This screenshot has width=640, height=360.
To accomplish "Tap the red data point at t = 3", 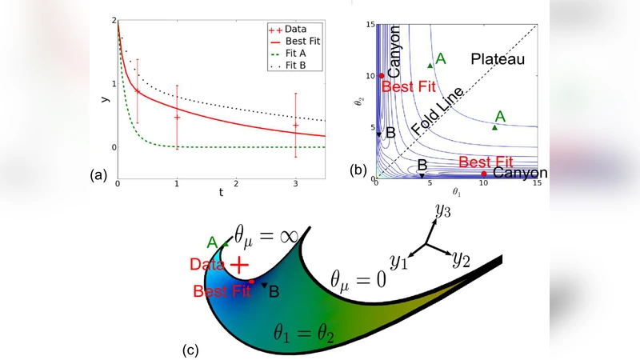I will click(x=296, y=125).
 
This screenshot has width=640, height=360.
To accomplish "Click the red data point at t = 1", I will click(x=177, y=118).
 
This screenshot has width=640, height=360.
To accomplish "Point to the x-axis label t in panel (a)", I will click(x=221, y=192).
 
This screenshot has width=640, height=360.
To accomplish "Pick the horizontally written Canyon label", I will click(x=519, y=173).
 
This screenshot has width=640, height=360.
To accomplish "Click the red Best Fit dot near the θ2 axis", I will click(x=382, y=75).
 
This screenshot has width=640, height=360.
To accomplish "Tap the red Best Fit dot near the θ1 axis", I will click(x=484, y=174).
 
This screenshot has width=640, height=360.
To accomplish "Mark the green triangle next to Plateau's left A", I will click(x=430, y=66).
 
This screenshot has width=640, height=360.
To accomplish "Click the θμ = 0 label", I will click(x=358, y=279).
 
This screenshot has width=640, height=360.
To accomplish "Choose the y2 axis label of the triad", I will click(x=462, y=258).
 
